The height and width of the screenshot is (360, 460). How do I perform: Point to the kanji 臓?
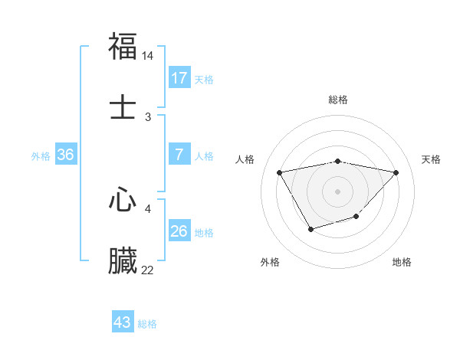[x=123, y=260]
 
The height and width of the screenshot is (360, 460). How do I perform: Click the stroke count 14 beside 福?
[x=148, y=56]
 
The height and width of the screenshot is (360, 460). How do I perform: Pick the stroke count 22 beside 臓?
[x=148, y=270]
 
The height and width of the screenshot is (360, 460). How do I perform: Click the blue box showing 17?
[x=179, y=78]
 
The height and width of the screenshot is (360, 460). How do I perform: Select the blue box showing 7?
[x=179, y=155]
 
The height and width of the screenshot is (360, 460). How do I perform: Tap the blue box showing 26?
[x=179, y=231]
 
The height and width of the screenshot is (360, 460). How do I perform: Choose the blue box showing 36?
[x=66, y=155]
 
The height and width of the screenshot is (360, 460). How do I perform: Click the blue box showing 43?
[x=123, y=322]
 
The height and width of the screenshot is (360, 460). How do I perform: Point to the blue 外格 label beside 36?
[x=41, y=155]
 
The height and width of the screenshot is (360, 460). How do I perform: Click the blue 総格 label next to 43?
[x=147, y=324]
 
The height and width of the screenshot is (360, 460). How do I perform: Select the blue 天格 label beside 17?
[x=204, y=79]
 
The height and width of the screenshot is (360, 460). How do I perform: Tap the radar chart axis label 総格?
[x=338, y=100]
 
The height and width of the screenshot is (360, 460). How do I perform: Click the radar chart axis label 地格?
[x=402, y=262]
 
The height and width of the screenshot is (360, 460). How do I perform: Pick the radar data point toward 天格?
[x=396, y=172]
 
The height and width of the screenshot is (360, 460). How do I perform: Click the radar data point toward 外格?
[x=310, y=228]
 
